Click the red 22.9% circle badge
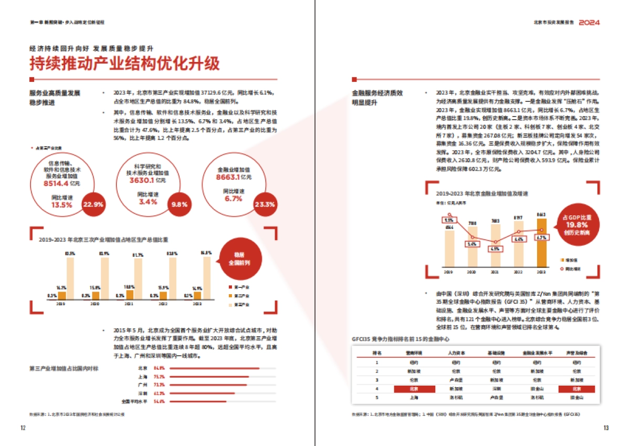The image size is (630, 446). coord(93,204)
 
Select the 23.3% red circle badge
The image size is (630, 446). coord(264,204)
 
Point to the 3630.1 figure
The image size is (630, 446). coord(142,180)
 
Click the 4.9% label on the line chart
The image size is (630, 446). coord(494,248)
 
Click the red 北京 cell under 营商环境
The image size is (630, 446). coord(414,389)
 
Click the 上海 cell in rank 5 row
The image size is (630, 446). coord(414,398)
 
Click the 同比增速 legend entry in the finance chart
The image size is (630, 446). coord(573,268)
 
